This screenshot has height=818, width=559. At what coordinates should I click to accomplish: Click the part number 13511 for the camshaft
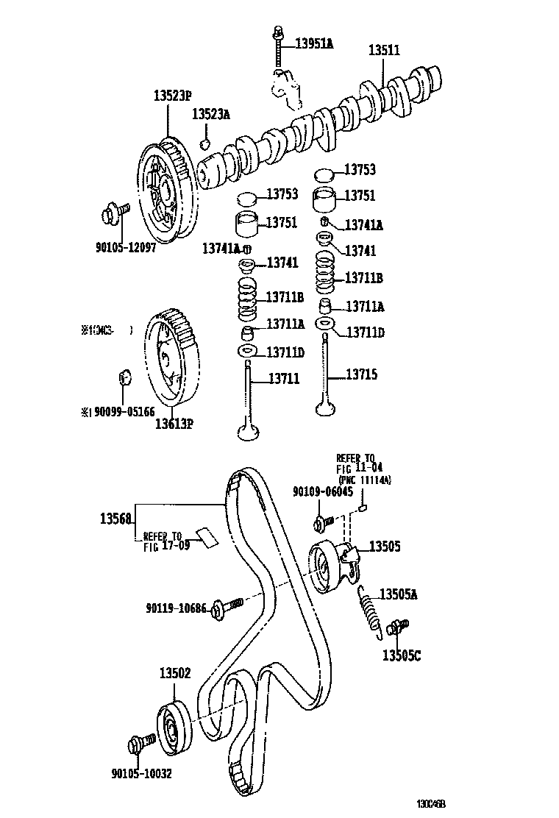[x=383, y=51]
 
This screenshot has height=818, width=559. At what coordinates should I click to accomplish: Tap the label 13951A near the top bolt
[x=314, y=44]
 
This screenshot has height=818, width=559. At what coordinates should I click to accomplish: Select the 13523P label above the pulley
[x=172, y=96]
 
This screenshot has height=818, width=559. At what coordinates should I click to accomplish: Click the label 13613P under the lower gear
[x=173, y=423]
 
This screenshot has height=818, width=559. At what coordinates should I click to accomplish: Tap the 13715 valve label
[x=362, y=374]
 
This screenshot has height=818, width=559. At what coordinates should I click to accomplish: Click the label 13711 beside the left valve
[x=283, y=378]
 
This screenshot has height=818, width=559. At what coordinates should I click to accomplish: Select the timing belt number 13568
[x=115, y=519]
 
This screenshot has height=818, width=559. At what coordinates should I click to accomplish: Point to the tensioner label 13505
[x=384, y=547]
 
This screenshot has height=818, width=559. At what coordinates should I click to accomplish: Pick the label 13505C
[x=401, y=655]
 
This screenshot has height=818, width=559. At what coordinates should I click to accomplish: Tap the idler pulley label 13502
[x=175, y=672]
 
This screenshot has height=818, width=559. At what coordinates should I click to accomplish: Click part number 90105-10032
[x=143, y=773]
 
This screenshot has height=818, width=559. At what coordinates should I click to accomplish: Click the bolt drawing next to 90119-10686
[x=227, y=607]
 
